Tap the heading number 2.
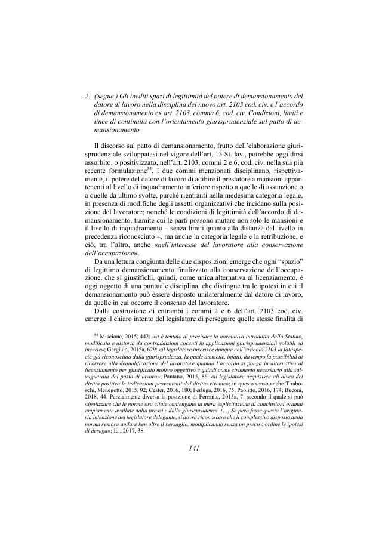(88, 95)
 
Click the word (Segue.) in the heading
(108, 95)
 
